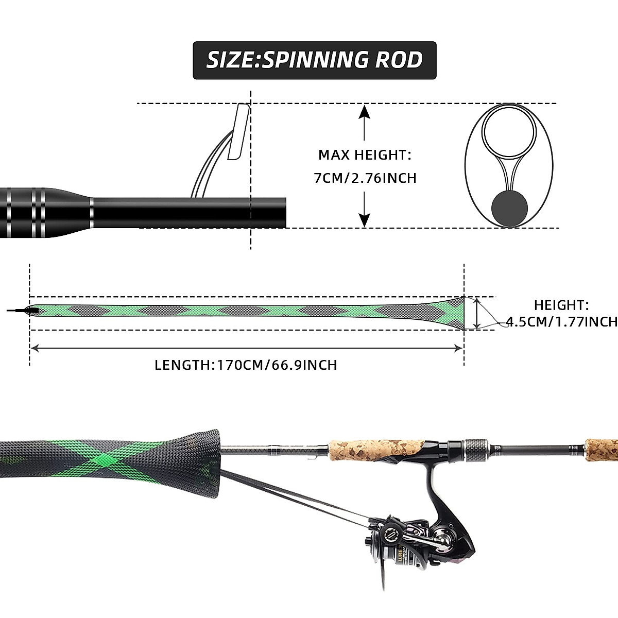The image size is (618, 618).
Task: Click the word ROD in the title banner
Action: coord(399,60)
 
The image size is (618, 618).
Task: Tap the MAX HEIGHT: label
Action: coord(365,154)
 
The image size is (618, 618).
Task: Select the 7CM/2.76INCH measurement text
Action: coord(365,178)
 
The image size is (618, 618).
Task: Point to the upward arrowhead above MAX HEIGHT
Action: coord(365,111)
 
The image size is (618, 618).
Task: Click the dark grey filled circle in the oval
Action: coord(510,209)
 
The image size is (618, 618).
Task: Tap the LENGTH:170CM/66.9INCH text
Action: coord(246,365)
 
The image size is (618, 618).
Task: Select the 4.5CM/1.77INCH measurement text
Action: coord(562,322)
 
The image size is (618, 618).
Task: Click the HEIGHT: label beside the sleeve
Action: coord(561,305)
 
